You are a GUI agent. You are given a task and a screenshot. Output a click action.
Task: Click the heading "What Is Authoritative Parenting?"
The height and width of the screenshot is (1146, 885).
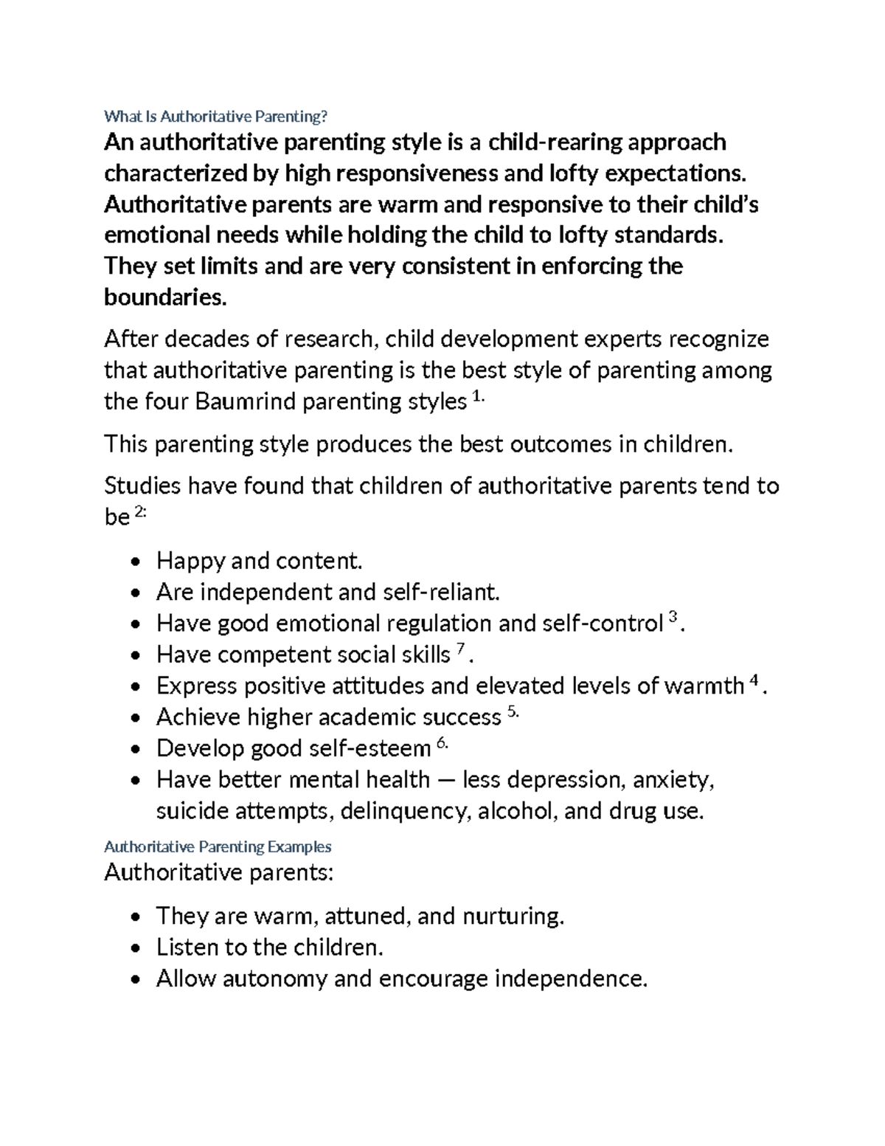[x=215, y=116]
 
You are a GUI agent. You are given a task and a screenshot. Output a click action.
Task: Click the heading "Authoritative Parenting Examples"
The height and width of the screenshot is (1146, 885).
[x=218, y=846]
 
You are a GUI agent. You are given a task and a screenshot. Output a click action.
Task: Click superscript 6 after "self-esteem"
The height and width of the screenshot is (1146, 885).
[x=442, y=744]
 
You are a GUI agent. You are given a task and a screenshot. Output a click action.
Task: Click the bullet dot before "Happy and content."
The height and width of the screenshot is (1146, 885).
[x=133, y=562]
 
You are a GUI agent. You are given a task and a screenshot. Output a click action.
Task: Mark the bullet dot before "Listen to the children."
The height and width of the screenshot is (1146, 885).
[x=133, y=948]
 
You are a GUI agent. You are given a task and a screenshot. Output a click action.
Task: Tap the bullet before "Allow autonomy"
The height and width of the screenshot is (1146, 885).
[x=133, y=980]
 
